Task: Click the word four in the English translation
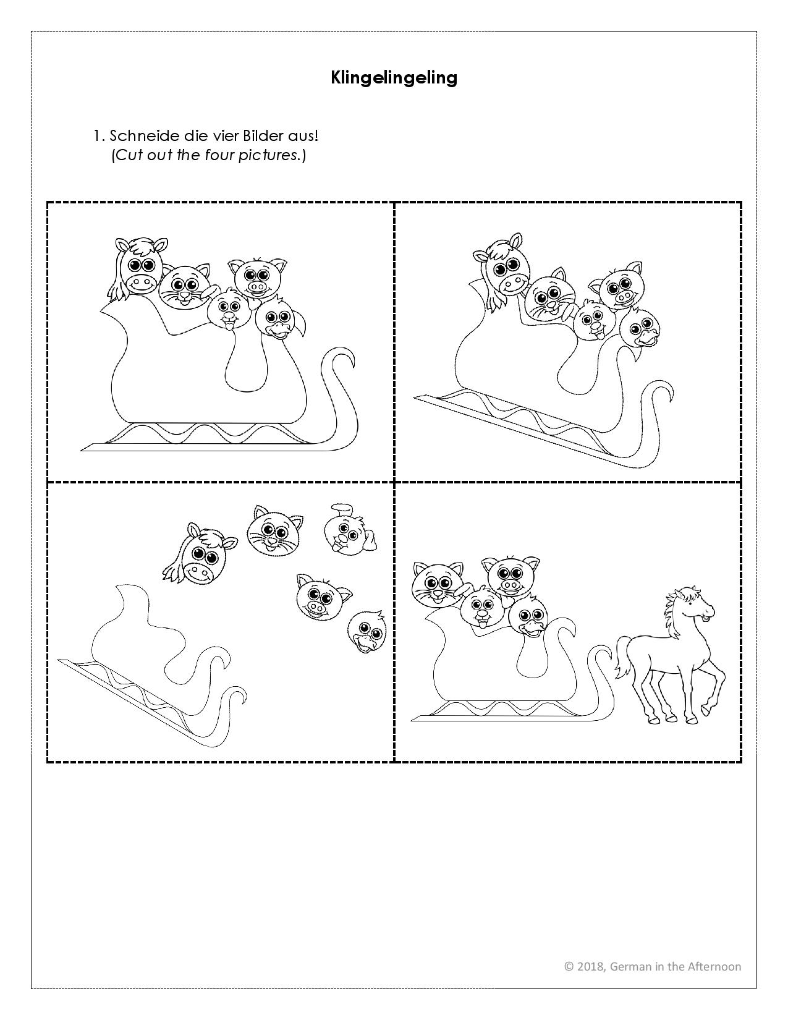219,155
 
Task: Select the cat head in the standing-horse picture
436,583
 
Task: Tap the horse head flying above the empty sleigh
201,555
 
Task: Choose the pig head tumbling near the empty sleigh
323,596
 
